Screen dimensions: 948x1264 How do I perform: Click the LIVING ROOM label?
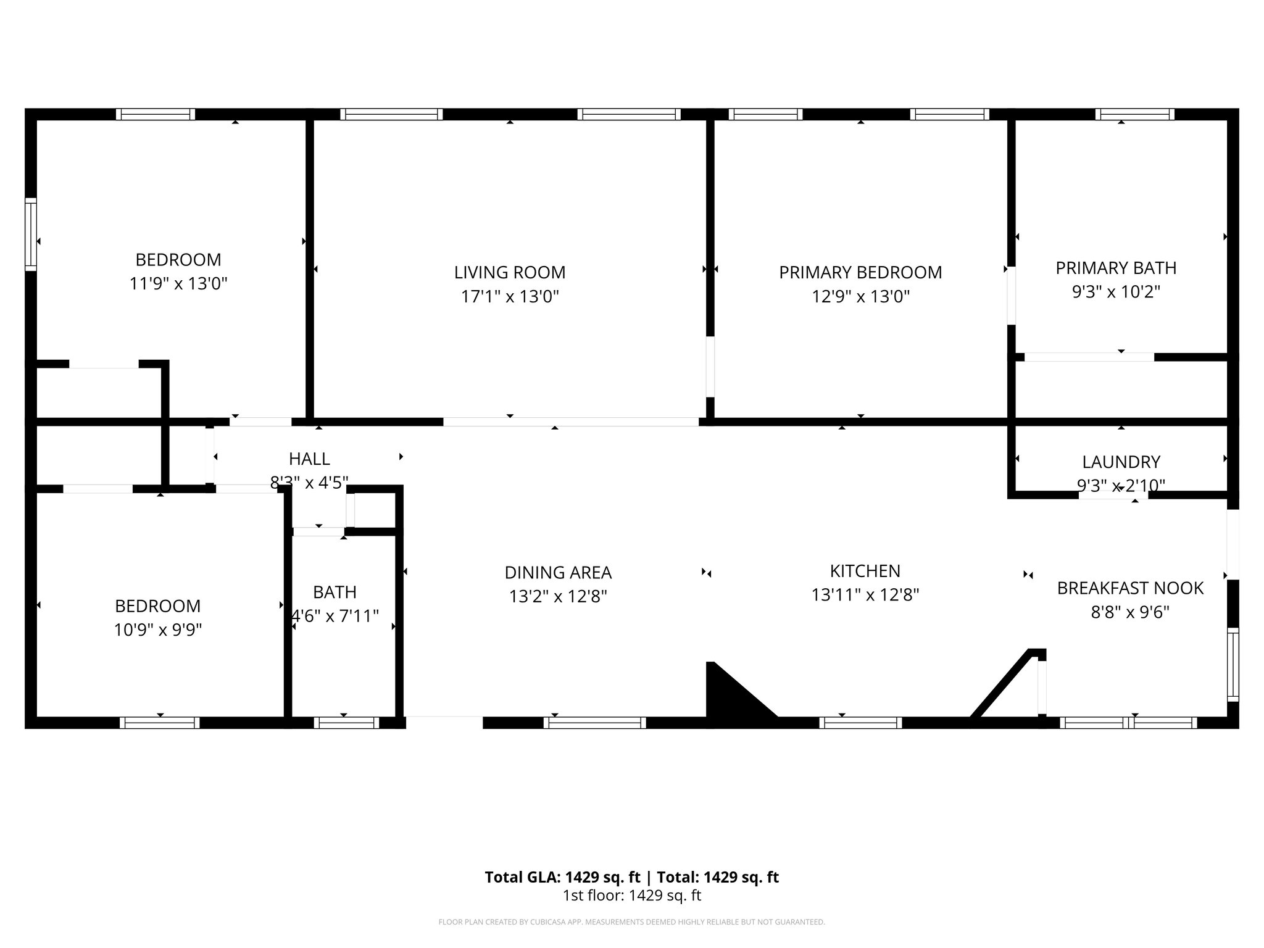coord(510,272)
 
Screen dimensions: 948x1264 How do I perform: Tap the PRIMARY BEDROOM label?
coord(860,272)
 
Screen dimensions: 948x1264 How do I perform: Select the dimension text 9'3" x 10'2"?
coord(1116,292)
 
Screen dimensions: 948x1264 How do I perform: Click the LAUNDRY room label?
coord(1121,462)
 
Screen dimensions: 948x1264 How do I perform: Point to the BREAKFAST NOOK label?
coord(1130,588)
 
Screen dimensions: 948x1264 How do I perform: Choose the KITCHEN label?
coord(865,571)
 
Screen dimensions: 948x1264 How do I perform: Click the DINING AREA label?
coord(558,573)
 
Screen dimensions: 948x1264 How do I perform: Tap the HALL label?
coord(309,459)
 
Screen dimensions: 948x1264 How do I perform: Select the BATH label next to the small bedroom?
coord(335,592)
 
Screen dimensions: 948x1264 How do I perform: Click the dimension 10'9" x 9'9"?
coord(158,630)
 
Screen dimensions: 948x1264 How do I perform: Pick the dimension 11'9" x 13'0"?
coord(178,284)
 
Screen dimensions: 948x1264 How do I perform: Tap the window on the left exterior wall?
coord(30,234)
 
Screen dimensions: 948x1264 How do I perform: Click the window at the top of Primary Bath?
coord(1134,114)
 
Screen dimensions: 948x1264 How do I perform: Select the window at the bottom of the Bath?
coord(346,723)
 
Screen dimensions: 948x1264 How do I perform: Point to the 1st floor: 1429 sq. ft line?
coord(631,896)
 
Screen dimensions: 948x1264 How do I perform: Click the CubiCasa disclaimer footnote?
coord(631,922)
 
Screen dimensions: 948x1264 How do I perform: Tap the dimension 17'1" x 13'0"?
coord(510,297)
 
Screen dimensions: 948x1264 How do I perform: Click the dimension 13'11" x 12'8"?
coord(865,595)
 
